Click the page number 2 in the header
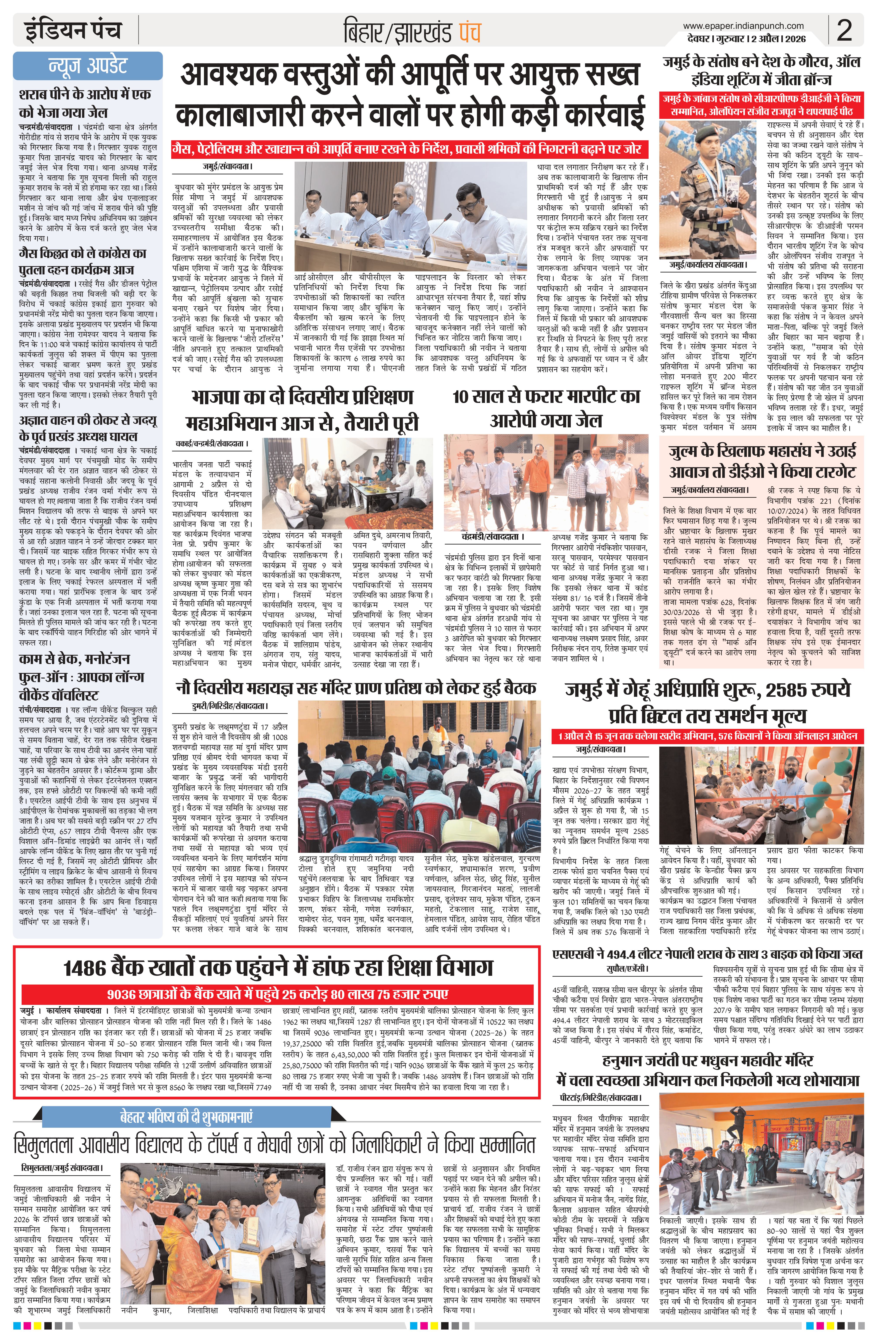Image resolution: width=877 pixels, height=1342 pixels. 844,31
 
